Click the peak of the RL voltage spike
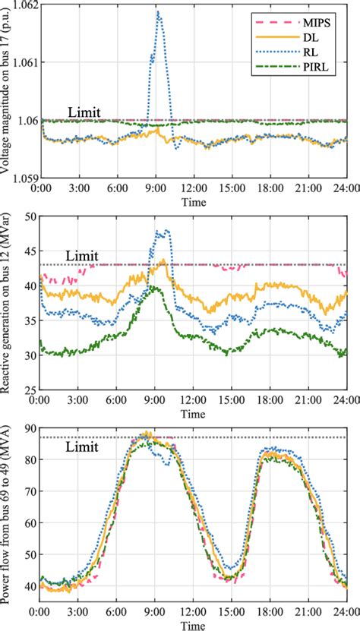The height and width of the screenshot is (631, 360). tap(157, 12)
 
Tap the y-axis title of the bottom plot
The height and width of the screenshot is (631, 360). tap(8, 513)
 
